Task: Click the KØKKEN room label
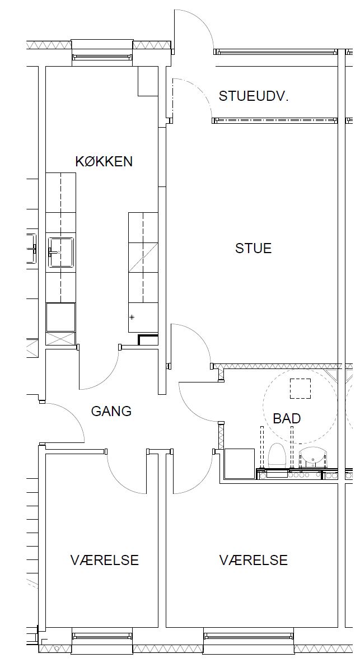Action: click(104, 161)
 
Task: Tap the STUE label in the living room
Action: click(254, 249)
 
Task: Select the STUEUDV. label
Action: click(254, 96)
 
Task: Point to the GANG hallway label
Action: click(111, 411)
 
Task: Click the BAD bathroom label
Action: click(287, 418)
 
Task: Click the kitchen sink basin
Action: click(61, 253)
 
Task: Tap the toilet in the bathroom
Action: click(277, 456)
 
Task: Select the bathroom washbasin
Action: click(312, 457)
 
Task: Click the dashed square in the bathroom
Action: click(300, 389)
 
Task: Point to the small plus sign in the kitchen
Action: click(132, 317)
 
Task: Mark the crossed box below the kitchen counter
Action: click(60, 338)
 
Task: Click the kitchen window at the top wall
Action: click(102, 57)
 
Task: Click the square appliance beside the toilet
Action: click(240, 464)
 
